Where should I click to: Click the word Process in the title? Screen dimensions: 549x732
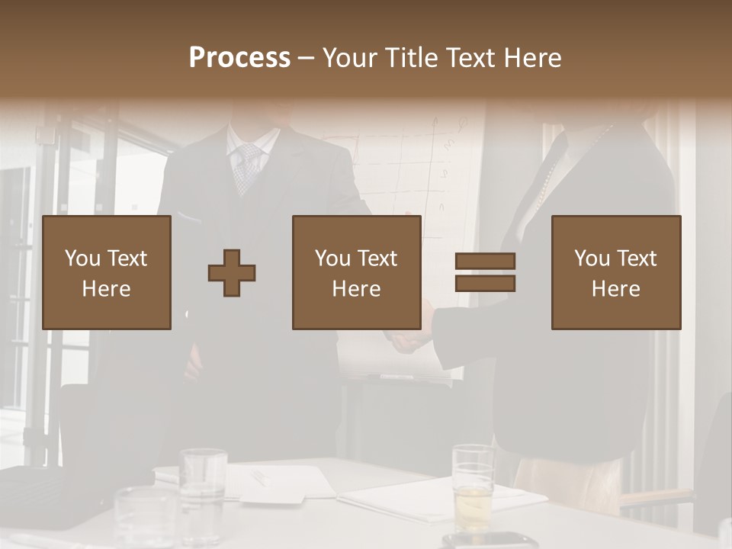tap(239, 58)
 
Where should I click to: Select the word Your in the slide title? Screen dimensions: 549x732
tap(350, 58)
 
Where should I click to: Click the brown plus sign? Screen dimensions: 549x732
tap(232, 273)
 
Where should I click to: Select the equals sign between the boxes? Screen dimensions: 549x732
tap(485, 272)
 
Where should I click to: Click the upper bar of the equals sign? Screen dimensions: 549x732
tap(485, 262)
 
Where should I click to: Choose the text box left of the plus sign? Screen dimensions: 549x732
tap(107, 273)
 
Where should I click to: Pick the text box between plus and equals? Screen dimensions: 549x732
tap(356, 273)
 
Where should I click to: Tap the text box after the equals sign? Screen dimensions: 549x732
tap(616, 273)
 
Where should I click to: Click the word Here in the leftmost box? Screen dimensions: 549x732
tap(106, 289)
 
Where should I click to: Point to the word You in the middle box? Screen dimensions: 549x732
tap(332, 258)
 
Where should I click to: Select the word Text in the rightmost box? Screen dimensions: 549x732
tap(637, 258)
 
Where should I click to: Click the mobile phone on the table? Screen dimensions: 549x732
tap(488, 541)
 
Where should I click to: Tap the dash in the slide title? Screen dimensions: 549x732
tap(307, 59)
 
